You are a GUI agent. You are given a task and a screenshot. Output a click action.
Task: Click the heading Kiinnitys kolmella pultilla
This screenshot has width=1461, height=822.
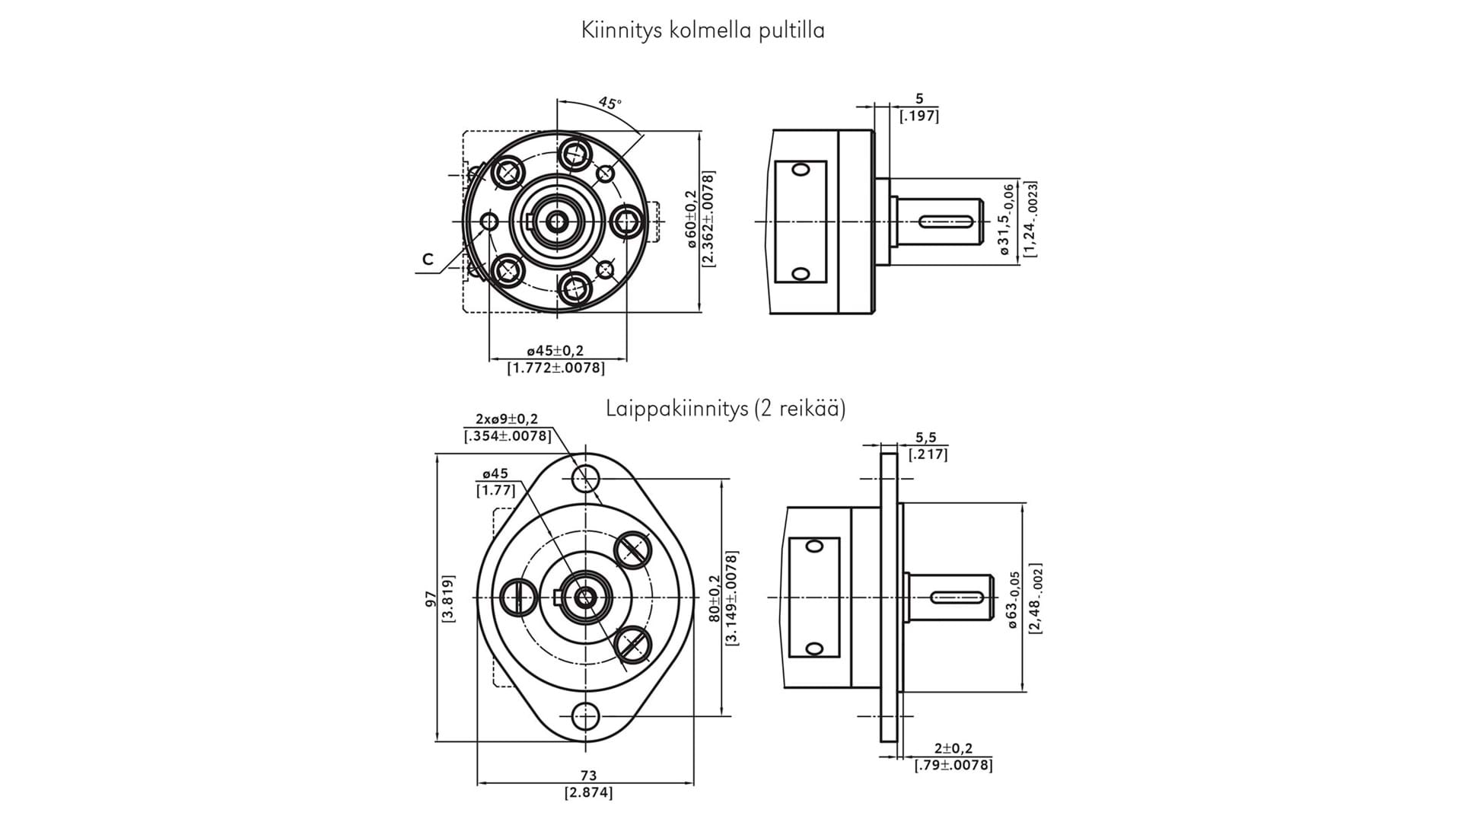tap(702, 30)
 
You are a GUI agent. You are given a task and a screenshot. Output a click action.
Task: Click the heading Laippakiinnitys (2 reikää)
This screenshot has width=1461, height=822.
tap(725, 409)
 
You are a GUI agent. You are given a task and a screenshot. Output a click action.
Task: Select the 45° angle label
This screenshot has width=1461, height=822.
tap(610, 103)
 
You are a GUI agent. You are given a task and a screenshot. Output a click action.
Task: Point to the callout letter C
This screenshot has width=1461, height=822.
tap(428, 260)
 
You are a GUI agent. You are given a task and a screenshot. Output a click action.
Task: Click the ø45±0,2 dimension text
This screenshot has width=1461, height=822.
tap(555, 351)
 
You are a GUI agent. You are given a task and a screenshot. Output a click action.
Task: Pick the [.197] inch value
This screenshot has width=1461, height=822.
tap(918, 116)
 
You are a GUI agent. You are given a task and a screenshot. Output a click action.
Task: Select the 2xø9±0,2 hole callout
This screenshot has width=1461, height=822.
tap(506, 419)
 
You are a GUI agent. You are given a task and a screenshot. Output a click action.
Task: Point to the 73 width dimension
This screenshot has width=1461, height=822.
tap(588, 776)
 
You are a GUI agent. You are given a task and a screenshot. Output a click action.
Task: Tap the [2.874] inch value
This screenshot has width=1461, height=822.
tap(588, 793)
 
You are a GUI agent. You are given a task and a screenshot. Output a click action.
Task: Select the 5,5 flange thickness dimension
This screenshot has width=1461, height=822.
tap(926, 438)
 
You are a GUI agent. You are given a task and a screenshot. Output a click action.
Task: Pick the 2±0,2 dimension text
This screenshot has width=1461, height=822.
tap(953, 749)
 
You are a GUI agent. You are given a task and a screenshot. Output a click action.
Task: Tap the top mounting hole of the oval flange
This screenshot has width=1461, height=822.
tap(586, 478)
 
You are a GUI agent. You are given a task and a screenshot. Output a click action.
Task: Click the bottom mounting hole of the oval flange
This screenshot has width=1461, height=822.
tap(585, 716)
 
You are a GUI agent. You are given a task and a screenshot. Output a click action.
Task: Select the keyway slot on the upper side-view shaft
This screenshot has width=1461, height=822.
tap(946, 221)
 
